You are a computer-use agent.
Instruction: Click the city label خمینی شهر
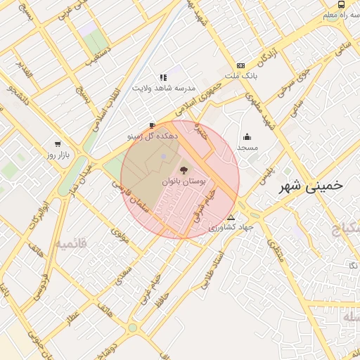click(x=310, y=186)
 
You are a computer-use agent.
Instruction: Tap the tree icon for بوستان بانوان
click(x=184, y=170)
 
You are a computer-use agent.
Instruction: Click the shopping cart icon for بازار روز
click(x=58, y=143)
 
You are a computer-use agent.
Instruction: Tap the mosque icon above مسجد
click(x=247, y=137)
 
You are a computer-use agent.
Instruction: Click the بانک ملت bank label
click(x=241, y=75)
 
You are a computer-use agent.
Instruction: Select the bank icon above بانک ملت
click(x=241, y=65)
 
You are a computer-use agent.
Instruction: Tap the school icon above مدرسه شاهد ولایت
click(x=163, y=77)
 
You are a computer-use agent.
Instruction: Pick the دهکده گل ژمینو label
click(x=153, y=134)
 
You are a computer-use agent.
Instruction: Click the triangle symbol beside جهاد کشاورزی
click(x=231, y=217)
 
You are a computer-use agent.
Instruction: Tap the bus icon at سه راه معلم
click(x=341, y=4)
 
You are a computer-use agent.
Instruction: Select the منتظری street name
click(x=275, y=252)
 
